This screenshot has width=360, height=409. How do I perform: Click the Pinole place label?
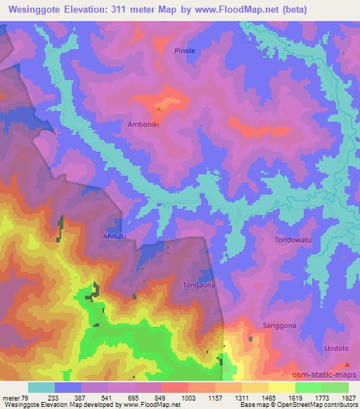click(x=185, y=51)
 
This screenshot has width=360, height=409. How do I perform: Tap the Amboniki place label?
click(x=143, y=124)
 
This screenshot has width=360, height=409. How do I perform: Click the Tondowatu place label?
click(x=292, y=240)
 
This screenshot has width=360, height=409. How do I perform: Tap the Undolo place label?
click(x=336, y=349)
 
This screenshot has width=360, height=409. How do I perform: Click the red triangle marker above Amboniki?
click(x=159, y=109)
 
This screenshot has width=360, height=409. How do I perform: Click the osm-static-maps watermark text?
click(x=327, y=375)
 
